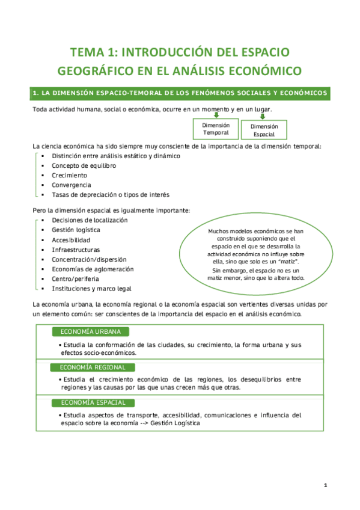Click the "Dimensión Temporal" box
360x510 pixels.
[216, 129]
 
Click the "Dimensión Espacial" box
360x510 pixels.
[264, 131]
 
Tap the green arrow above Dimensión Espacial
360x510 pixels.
[264, 115]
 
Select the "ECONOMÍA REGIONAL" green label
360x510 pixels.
[92, 367]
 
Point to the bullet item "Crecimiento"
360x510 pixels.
[69, 175]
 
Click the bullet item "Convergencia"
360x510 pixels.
[72, 185]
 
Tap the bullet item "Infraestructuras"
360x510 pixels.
[76, 250]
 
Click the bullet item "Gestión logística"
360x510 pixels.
[76, 230]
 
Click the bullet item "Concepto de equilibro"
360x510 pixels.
[84, 165]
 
